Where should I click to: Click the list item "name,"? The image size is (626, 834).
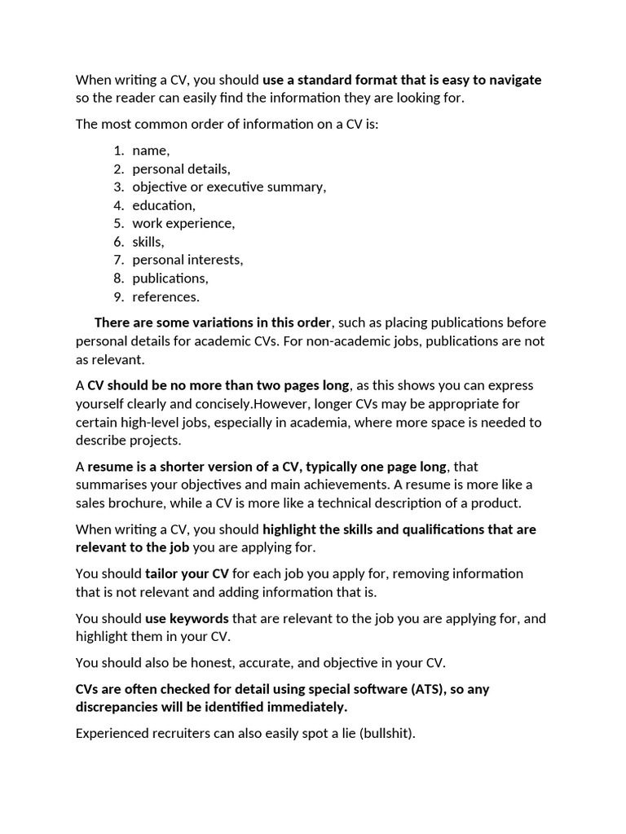click(151, 151)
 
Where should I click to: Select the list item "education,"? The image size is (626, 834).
click(164, 205)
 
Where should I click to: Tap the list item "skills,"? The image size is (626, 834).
click(148, 242)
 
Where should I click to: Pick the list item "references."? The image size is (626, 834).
click(165, 296)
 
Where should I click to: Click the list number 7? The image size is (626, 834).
click(118, 260)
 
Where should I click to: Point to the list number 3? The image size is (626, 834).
click(118, 187)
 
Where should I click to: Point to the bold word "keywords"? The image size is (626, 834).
click(199, 618)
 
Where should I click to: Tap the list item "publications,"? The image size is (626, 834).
click(170, 279)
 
